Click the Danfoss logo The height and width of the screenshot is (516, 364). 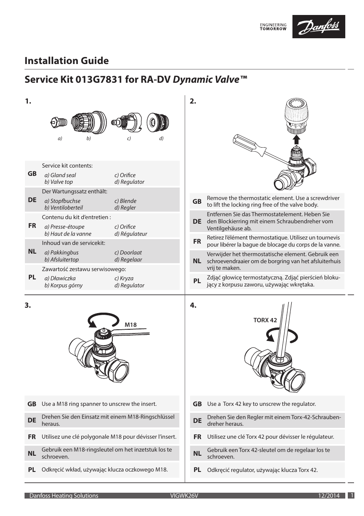click(x=318, y=27)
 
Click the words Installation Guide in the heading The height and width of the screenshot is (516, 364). click(x=67, y=61)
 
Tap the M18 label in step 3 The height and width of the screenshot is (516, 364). click(x=131, y=324)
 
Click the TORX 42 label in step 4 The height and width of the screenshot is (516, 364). click(x=265, y=320)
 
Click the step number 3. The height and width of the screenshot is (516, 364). click(x=27, y=306)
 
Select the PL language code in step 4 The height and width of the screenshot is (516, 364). click(x=197, y=470)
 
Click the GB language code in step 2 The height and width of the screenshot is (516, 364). click(x=197, y=201)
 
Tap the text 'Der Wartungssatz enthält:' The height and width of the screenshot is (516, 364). click(x=74, y=191)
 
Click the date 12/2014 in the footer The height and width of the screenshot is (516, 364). click(x=328, y=496)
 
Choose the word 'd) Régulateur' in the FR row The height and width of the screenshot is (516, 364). click(x=131, y=234)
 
